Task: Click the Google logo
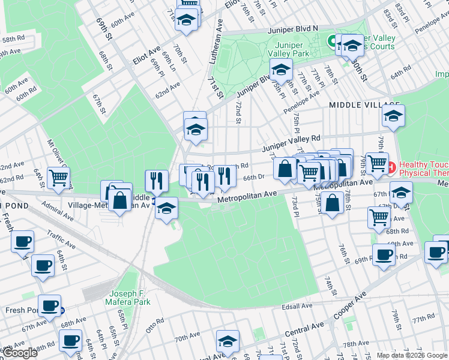click(20, 353)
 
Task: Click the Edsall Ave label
click(298, 306)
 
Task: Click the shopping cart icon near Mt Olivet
click(59, 178)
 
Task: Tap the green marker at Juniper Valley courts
click(330, 41)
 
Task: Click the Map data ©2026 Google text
click(412, 355)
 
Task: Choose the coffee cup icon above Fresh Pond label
click(49, 305)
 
